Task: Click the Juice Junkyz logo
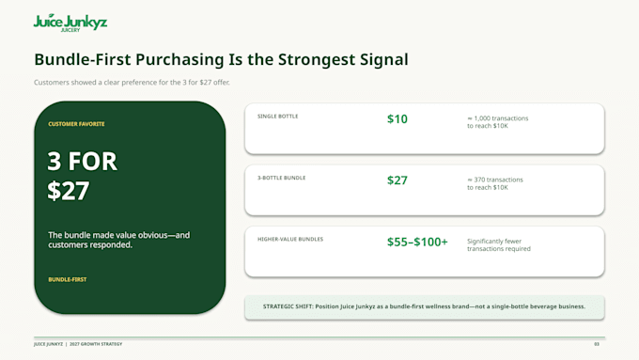(x=70, y=23)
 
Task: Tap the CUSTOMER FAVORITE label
(x=76, y=124)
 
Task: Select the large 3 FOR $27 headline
(x=83, y=176)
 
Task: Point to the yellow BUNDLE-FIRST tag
(x=68, y=280)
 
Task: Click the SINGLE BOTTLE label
(x=277, y=117)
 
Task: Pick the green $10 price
(x=397, y=119)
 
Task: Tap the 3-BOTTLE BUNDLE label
(x=281, y=178)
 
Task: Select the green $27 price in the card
(x=397, y=180)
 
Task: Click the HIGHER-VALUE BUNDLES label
(x=290, y=240)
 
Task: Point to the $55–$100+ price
(x=417, y=242)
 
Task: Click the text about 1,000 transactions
(x=498, y=122)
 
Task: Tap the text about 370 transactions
(x=494, y=183)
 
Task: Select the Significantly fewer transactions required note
(x=499, y=245)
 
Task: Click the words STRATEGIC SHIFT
(x=288, y=306)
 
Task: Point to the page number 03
(x=597, y=344)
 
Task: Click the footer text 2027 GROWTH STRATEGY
(x=96, y=344)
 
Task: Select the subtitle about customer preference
(x=132, y=83)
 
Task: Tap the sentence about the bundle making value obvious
(x=119, y=240)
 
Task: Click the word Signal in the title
(x=384, y=60)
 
